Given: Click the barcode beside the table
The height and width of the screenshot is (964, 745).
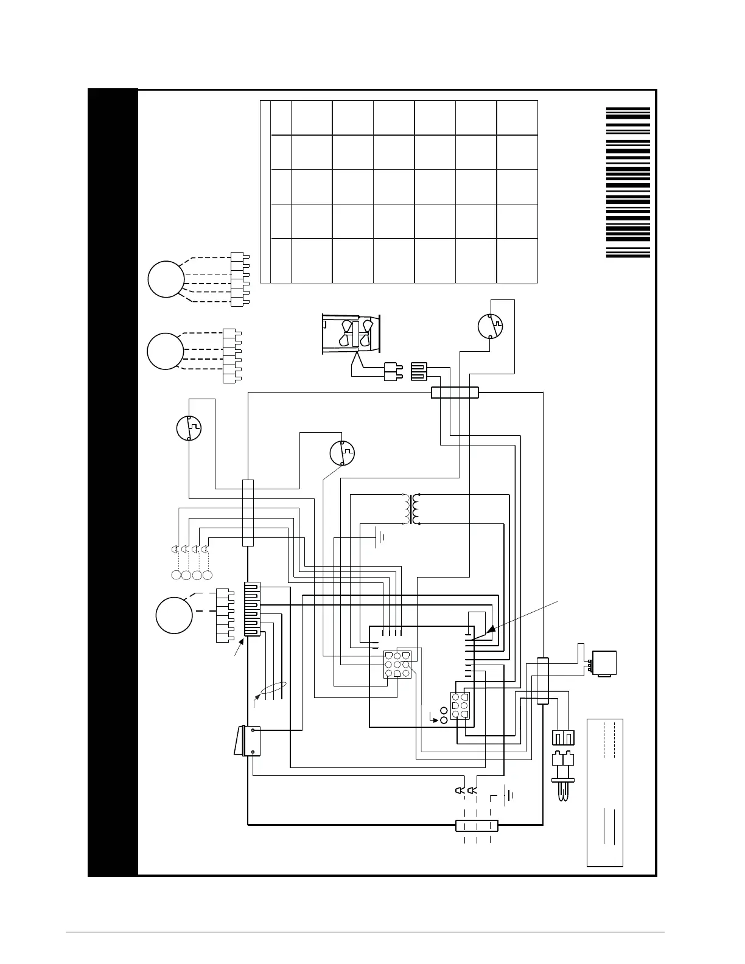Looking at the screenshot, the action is tap(628, 183).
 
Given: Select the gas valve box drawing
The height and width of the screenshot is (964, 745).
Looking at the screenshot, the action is tap(602, 664).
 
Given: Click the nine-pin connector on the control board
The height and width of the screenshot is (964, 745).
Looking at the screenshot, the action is tap(397, 665).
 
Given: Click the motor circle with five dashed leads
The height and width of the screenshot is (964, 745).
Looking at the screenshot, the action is tap(166, 279).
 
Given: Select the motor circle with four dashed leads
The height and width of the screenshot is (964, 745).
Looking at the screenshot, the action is tap(166, 351).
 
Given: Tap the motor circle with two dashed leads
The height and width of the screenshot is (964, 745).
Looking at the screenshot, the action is tap(174, 615).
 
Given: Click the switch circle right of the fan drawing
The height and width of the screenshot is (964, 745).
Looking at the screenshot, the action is tap(491, 327).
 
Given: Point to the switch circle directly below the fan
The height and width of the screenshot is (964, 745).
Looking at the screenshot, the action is tap(342, 453).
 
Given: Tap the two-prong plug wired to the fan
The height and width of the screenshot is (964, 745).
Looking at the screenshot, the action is tap(391, 371).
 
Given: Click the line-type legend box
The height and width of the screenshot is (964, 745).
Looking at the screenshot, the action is tap(604, 792).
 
